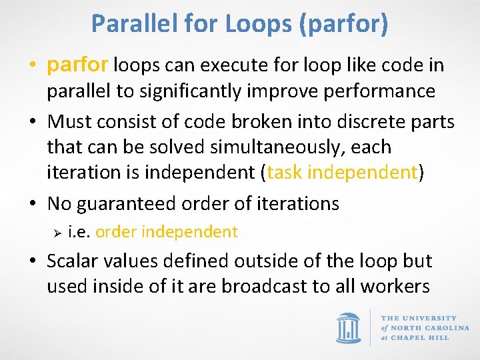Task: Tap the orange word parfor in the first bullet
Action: coord(78,65)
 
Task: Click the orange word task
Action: coord(285,172)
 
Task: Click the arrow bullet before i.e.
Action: coord(57,233)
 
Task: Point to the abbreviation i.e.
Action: coord(79,232)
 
